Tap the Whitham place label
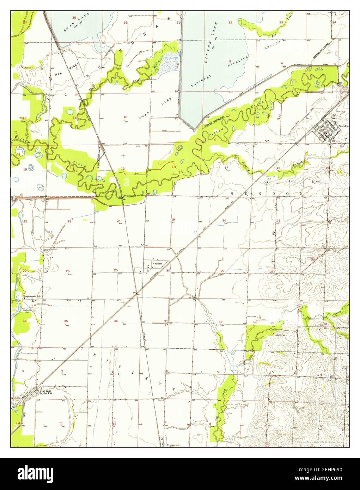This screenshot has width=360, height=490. tap(157, 263)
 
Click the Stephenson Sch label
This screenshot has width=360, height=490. tap(32, 296)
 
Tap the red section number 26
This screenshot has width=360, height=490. tap(67, 271)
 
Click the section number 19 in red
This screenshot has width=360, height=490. tap(173, 220)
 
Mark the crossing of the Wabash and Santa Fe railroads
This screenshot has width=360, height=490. tap(136, 296)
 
